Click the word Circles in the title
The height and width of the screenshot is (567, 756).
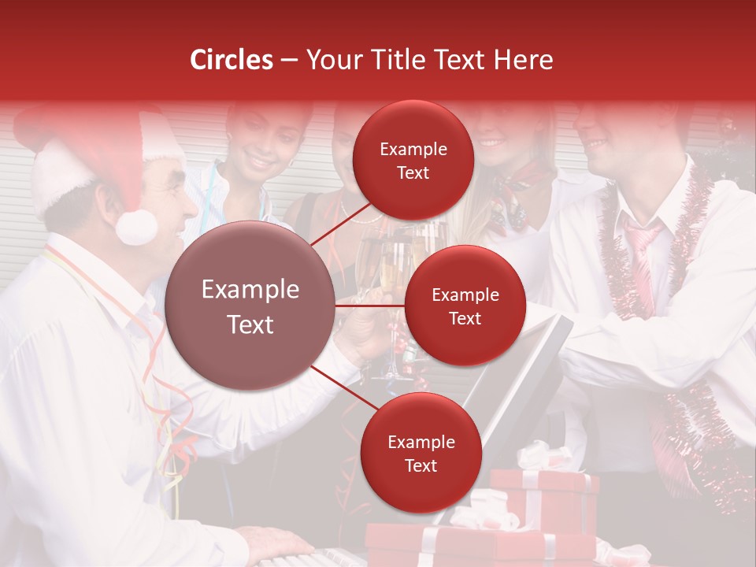[232, 60]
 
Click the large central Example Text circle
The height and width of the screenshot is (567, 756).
[250, 306]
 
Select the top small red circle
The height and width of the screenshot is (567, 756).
[413, 160]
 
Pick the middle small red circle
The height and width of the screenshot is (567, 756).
[465, 306]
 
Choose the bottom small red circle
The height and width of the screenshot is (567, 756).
[421, 453]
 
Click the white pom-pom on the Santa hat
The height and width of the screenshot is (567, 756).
[136, 226]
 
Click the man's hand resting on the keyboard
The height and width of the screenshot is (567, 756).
[276, 543]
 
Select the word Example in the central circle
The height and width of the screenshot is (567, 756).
[250, 290]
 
